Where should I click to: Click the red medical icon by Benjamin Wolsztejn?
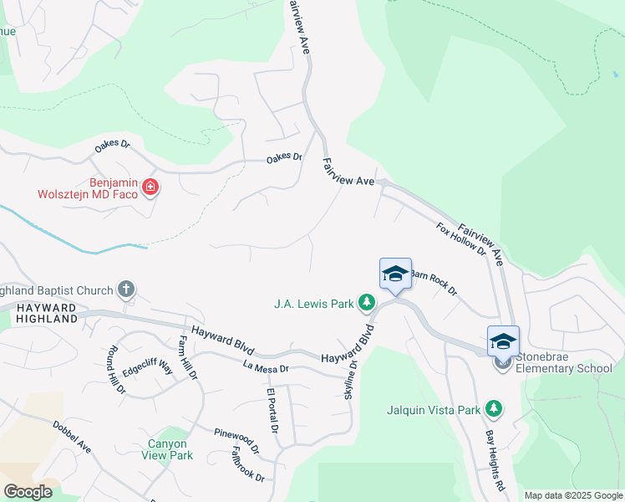(150, 187)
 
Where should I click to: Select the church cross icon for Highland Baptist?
(126, 290)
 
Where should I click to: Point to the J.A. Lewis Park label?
(314, 304)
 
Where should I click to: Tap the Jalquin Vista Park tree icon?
(495, 409)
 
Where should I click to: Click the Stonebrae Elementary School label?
(564, 368)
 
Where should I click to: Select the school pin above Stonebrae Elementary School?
(503, 341)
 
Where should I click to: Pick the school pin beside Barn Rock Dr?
(395, 274)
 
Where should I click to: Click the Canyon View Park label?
(170, 449)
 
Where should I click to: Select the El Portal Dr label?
(272, 411)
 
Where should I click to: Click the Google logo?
(28, 492)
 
